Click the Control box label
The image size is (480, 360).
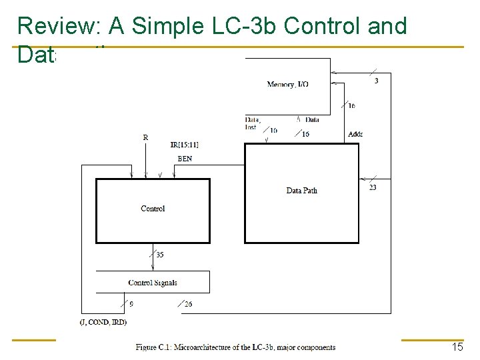pyautogui.click(x=153, y=209)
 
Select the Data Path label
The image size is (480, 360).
pyautogui.click(x=301, y=191)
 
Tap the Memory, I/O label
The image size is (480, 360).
pyautogui.click(x=287, y=84)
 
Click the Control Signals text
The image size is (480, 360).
pyautogui.click(x=153, y=283)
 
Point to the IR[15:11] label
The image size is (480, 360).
pyautogui.click(x=184, y=145)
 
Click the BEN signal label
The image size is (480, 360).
pyautogui.click(x=185, y=159)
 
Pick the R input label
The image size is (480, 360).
pyautogui.click(x=145, y=137)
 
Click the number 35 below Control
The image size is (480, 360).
pyautogui.click(x=160, y=254)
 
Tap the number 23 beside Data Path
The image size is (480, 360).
pyautogui.click(x=373, y=187)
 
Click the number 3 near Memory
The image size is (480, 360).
pyautogui.click(x=377, y=81)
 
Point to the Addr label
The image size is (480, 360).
pyautogui.click(x=355, y=134)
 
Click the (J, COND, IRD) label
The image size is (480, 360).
pyautogui.click(x=102, y=322)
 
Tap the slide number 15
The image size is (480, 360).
pyautogui.click(x=457, y=347)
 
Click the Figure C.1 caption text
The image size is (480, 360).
pyautogui.click(x=235, y=347)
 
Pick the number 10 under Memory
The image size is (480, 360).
pyautogui.click(x=273, y=131)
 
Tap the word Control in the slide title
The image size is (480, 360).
pyautogui.click(x=324, y=27)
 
